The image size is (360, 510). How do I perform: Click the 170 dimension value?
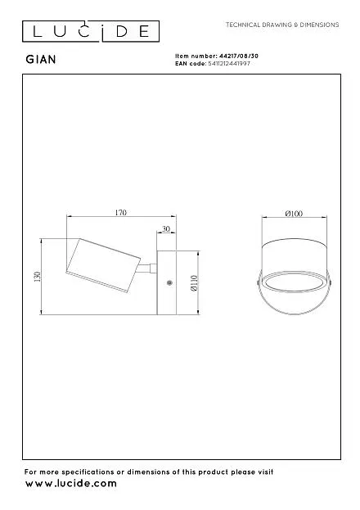click(x=120, y=212)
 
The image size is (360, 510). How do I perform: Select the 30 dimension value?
click(x=166, y=229)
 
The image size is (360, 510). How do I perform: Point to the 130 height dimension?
click(x=38, y=277)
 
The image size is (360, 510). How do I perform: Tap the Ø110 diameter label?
click(x=195, y=283)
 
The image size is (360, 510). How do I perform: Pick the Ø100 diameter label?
click(x=294, y=214)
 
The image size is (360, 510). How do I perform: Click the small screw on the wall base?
click(x=169, y=282)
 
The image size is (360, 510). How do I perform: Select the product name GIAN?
click(x=41, y=60)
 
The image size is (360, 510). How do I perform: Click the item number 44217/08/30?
click(x=239, y=56)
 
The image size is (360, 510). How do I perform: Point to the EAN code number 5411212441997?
click(x=229, y=63)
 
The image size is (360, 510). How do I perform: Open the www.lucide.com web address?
click(x=71, y=484)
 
